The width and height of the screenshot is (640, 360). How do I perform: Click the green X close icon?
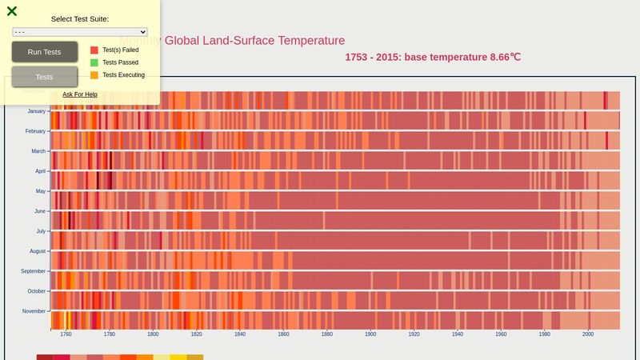12,11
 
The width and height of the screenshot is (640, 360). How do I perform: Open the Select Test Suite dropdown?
80,32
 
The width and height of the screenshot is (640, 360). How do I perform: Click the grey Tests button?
45,77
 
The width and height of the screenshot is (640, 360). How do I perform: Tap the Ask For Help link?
80,94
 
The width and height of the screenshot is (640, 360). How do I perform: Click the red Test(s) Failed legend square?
94,50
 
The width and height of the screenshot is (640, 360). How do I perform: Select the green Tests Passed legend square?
94,62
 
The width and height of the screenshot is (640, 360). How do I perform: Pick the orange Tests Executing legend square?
94,75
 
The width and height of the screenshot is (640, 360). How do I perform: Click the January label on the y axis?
37,111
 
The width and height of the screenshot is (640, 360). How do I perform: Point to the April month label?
41,171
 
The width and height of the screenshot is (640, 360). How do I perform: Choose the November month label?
34,311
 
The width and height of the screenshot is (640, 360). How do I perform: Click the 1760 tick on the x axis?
66,334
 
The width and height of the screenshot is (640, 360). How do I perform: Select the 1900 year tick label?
370,334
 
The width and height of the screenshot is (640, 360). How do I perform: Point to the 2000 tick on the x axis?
588,334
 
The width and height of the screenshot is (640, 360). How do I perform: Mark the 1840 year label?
240,334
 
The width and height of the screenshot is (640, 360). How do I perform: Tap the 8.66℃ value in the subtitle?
504,57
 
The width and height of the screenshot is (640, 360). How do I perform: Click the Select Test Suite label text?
80,18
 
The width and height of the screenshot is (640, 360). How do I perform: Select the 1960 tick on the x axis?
501,334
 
